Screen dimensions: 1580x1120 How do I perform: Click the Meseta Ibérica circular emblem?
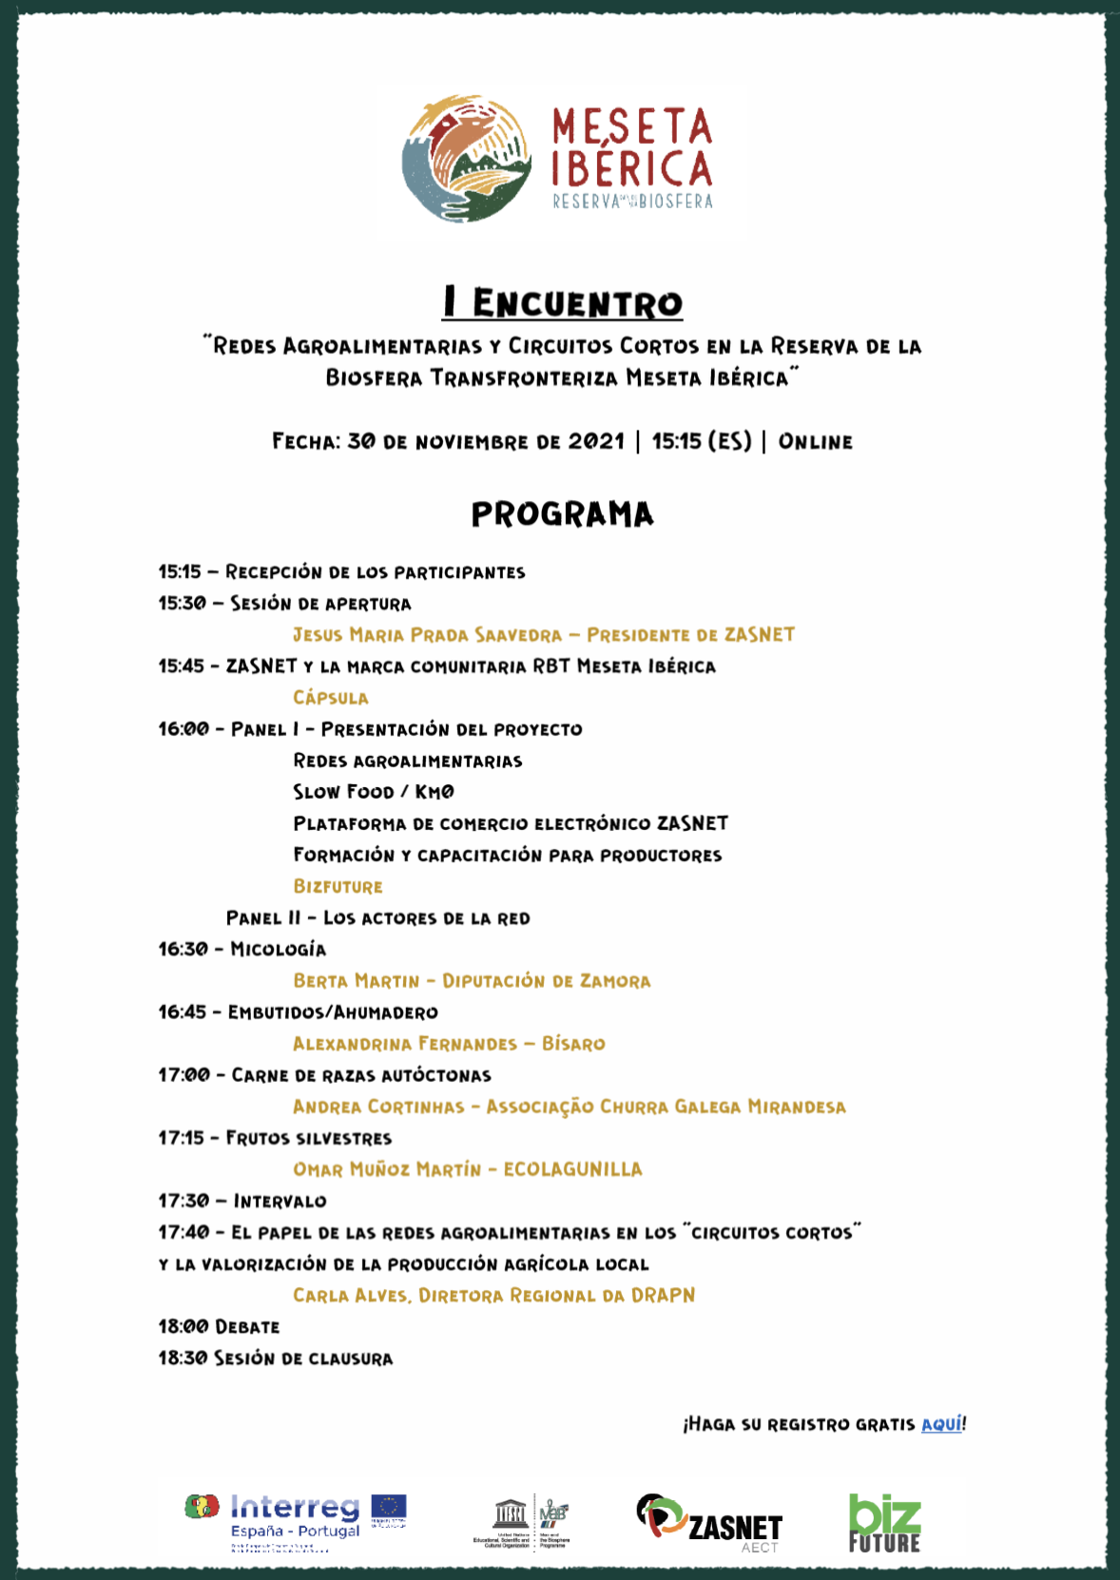click(466, 158)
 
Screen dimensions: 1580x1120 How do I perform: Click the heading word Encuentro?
click(577, 303)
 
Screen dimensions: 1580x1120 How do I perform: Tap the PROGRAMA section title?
click(563, 514)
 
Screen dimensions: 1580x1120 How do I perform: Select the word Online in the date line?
click(815, 442)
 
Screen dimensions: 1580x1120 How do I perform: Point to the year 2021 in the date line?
click(596, 442)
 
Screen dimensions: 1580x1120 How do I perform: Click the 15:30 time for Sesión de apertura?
click(182, 604)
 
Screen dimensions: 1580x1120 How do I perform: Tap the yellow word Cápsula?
click(330, 698)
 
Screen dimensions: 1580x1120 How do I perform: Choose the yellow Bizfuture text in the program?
click(338, 886)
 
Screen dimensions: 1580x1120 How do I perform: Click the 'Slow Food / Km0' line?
click(374, 792)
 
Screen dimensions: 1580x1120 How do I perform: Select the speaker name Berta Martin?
click(356, 980)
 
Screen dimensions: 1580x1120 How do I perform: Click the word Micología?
click(278, 949)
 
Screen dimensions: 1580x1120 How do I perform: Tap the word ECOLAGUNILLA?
click(572, 1169)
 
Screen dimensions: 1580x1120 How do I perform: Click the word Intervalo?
click(280, 1201)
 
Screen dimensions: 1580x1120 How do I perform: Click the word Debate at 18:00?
click(247, 1327)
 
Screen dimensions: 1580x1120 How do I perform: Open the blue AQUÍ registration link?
click(941, 1424)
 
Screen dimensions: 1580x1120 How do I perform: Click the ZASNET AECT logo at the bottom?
click(709, 1521)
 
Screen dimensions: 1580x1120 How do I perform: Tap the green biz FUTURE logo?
click(884, 1523)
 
